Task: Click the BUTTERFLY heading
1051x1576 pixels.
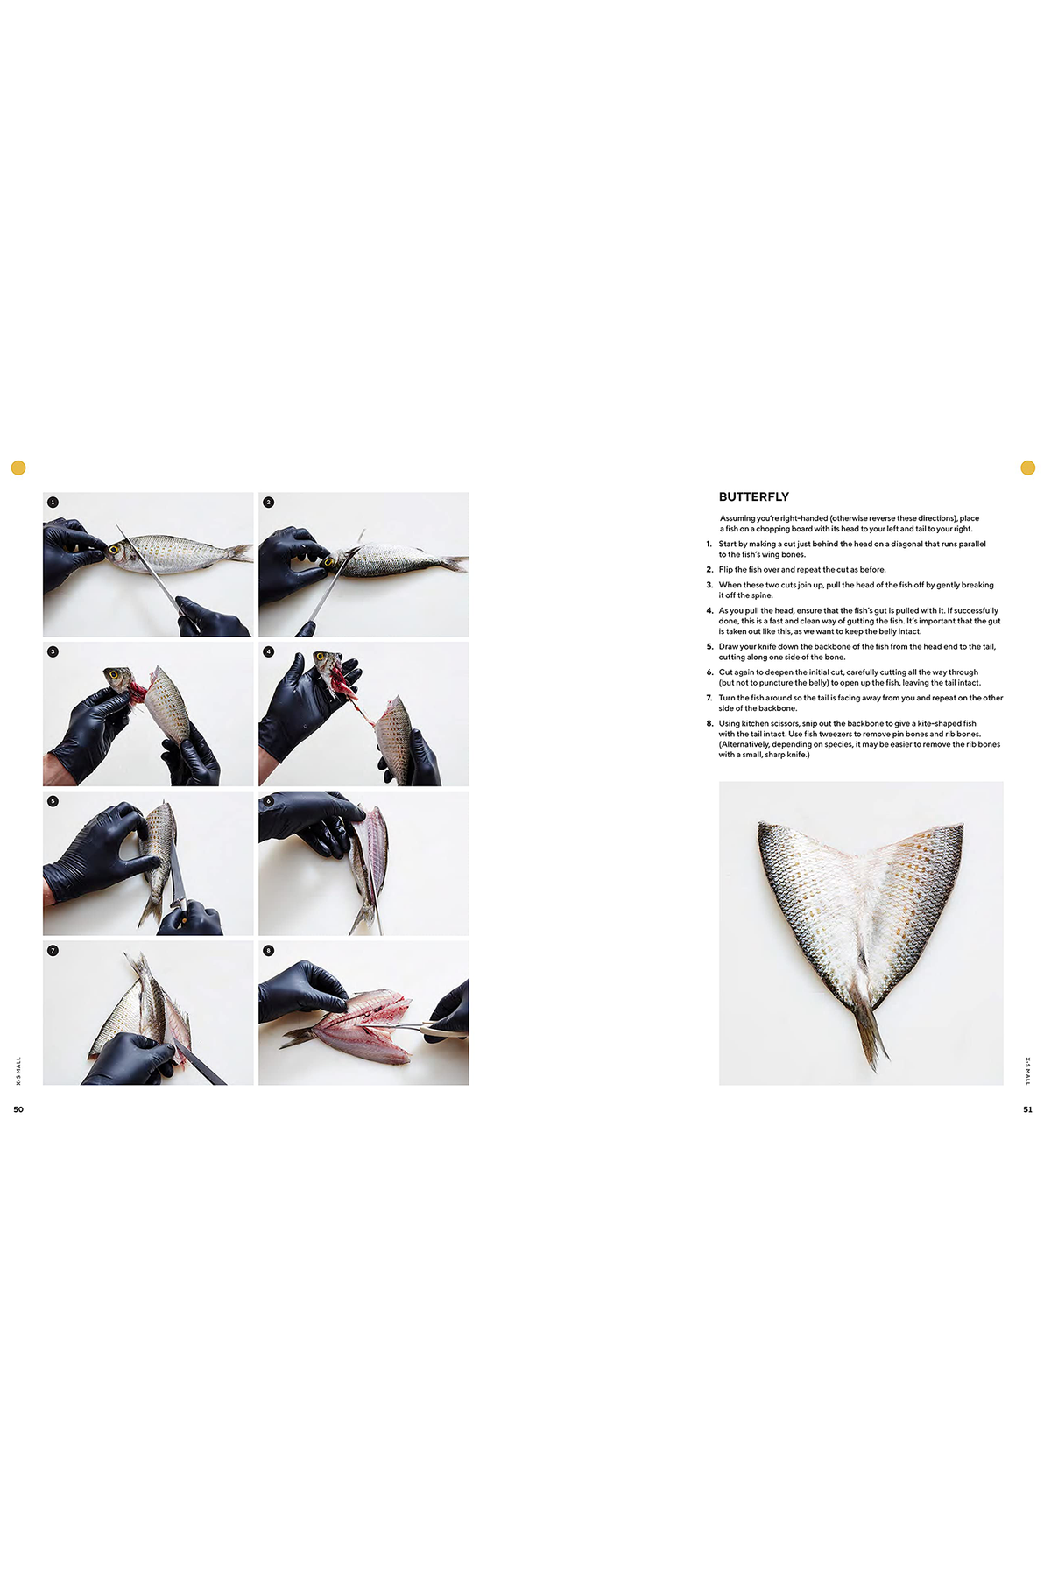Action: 753,496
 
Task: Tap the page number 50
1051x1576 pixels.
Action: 18,1109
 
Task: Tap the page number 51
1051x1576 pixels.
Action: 1027,1109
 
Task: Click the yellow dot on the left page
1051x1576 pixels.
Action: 18,468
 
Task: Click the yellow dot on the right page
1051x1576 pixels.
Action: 1028,468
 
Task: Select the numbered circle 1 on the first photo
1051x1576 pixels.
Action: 53,503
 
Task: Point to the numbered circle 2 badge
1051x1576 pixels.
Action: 269,503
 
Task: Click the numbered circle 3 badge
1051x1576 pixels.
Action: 53,651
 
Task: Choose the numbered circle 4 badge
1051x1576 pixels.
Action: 269,651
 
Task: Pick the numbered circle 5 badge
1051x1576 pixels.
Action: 53,801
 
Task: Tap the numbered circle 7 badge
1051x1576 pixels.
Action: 53,950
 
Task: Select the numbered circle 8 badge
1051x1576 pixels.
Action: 269,950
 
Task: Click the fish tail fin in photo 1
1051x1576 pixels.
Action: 239,552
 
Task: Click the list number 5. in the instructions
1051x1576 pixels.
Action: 710,647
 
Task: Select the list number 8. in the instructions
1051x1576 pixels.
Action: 710,724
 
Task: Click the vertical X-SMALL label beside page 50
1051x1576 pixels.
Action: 18,1071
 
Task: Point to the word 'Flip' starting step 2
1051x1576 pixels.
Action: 726,570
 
